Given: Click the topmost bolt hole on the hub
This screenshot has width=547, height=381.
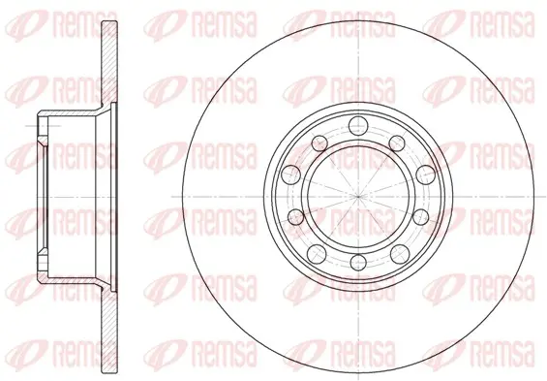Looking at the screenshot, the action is tap(358, 126).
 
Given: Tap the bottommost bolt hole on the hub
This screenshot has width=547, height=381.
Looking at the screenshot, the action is tap(358, 263).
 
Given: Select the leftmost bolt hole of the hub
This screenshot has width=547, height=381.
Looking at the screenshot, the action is tap(291, 175).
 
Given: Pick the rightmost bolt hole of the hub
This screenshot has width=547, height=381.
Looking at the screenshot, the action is tap(426, 175).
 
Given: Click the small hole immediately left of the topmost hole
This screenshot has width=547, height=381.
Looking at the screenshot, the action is tap(319, 143).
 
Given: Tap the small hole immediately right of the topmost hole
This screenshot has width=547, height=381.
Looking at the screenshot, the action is tap(397, 143).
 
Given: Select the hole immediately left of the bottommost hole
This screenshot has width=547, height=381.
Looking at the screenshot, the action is tap(318, 254).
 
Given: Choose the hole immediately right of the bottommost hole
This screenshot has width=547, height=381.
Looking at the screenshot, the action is tap(400, 254).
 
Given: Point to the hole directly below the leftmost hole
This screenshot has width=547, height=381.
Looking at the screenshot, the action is tap(296, 217).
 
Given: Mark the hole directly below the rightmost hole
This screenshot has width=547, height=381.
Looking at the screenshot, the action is tap(421, 217).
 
